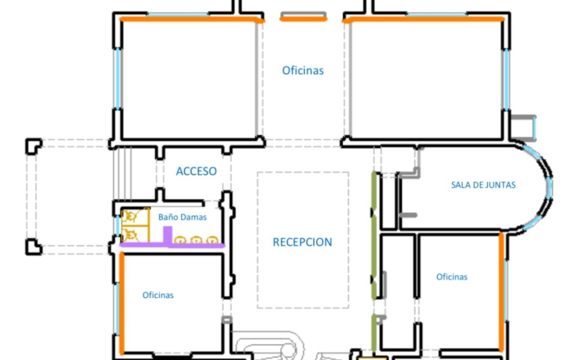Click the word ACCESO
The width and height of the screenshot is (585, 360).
(196, 171)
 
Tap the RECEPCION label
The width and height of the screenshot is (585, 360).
(302, 242)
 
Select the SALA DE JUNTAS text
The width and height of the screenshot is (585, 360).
(483, 185)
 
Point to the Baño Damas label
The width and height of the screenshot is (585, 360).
(182, 217)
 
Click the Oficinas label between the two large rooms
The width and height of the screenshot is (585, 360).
(303, 71)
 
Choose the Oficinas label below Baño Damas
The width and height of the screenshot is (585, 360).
(158, 295)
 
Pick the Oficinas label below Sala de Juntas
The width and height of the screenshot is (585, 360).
(452, 277)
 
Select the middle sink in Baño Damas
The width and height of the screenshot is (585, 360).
(196, 240)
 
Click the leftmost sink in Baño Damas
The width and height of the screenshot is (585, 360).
(180, 240)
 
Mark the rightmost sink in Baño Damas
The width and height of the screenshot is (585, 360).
(212, 240)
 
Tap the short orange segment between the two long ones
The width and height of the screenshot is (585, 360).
(303, 19)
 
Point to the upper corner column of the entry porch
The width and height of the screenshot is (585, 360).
(34, 146)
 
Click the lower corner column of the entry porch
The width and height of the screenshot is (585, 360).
(34, 247)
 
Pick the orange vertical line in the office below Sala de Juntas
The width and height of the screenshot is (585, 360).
(501, 292)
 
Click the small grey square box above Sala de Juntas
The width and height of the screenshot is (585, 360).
(523, 128)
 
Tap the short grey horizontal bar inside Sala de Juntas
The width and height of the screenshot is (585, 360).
(408, 215)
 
